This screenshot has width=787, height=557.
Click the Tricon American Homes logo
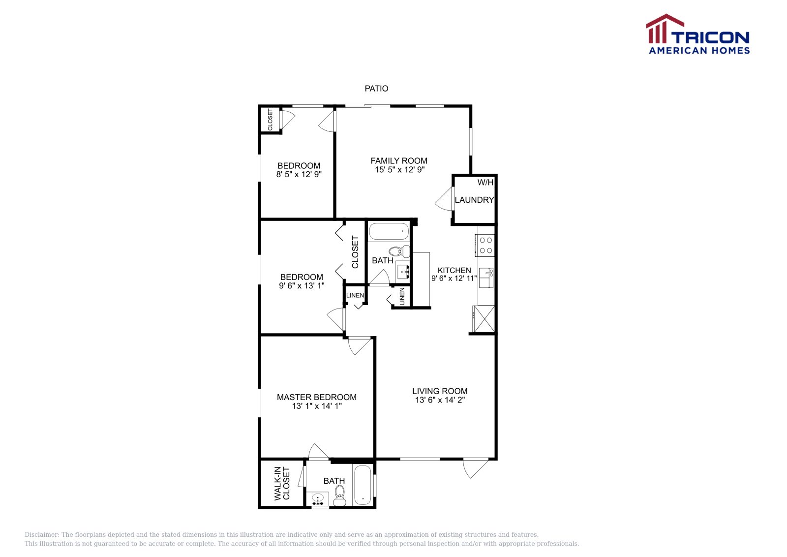[x=698, y=34]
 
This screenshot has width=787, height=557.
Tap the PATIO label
[x=376, y=89]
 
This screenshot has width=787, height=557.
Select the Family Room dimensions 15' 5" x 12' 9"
[x=399, y=170]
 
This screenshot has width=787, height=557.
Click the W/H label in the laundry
[x=485, y=183]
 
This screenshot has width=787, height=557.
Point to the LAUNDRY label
[x=474, y=200]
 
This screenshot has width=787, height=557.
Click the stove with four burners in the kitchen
[x=485, y=245]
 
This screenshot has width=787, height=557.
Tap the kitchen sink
[x=485, y=278]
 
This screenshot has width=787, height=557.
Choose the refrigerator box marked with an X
[x=484, y=319]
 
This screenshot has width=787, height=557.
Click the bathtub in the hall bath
[x=389, y=231]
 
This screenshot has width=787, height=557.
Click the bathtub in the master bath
[x=363, y=486]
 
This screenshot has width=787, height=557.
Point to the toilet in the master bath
[x=339, y=495]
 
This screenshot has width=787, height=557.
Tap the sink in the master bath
[x=318, y=499]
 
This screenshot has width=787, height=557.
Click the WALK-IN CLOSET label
[x=282, y=483]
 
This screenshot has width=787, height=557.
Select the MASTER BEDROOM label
[x=316, y=397]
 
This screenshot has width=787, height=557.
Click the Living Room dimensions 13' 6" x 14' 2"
[x=440, y=400]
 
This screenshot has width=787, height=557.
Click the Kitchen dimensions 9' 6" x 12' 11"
[x=454, y=278]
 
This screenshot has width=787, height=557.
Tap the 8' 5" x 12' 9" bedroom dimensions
[x=299, y=175]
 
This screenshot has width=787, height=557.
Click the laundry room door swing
[x=444, y=199]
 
